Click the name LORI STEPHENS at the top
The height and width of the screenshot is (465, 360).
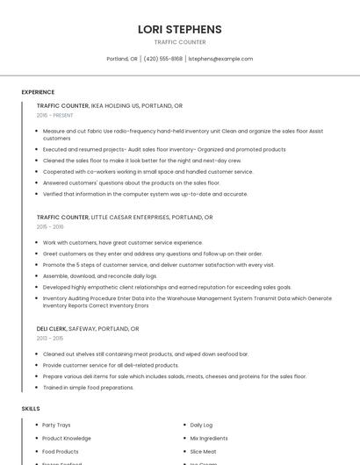(x=180, y=29)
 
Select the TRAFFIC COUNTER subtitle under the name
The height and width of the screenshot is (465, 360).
(x=180, y=42)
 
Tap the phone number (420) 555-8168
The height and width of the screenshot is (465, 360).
(x=162, y=59)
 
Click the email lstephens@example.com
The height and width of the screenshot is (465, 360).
(x=220, y=59)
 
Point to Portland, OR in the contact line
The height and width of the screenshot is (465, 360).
(x=122, y=59)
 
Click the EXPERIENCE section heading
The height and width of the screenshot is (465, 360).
(x=38, y=92)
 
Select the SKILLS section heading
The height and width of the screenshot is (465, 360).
(x=31, y=408)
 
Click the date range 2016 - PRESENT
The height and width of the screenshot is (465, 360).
(x=54, y=115)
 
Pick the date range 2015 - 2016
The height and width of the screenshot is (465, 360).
(x=50, y=226)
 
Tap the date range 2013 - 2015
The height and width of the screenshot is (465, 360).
(x=50, y=338)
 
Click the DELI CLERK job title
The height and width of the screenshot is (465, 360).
(x=51, y=328)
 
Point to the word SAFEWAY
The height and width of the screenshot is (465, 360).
(x=86, y=328)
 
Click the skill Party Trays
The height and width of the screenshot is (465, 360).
(x=56, y=425)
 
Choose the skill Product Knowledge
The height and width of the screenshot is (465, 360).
(x=67, y=438)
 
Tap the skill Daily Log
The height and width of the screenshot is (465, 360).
(x=201, y=425)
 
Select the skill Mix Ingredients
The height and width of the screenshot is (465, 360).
(x=208, y=438)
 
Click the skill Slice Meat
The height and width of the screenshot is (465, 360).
(x=203, y=451)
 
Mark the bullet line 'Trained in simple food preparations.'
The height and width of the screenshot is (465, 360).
(x=88, y=387)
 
